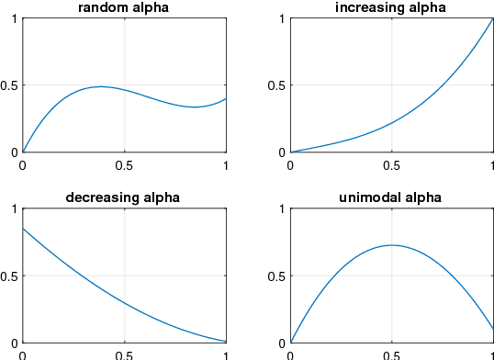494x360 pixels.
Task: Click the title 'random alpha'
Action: [x=124, y=7]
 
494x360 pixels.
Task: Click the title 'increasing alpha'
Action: [x=391, y=7]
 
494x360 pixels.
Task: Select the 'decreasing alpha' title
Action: [x=124, y=197]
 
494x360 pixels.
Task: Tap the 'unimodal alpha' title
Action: [x=391, y=197]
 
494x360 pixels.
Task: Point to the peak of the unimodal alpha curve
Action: [x=392, y=245]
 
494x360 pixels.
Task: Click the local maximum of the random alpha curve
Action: [x=100, y=86]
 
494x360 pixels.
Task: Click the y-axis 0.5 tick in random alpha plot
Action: [x=11, y=85]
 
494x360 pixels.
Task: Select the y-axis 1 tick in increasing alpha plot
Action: [x=281, y=18]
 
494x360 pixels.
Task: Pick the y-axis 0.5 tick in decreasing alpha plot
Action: [x=11, y=276]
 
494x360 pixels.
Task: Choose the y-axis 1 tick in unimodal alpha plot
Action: [x=281, y=209]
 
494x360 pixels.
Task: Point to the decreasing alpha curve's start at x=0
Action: [x=23, y=229]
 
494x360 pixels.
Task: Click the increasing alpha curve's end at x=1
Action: [x=493, y=18]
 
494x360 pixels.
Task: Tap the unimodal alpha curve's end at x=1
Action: [x=493, y=329]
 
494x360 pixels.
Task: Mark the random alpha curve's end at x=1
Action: [x=226, y=98]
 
